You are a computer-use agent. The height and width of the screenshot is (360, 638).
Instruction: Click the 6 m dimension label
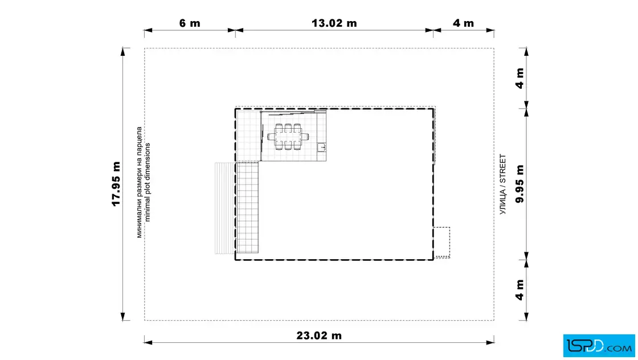pyautogui.click(x=190, y=23)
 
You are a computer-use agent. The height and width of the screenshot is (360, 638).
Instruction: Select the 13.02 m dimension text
pyautogui.click(x=334, y=23)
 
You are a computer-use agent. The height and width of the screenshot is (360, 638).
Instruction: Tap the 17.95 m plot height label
pyautogui.click(x=116, y=184)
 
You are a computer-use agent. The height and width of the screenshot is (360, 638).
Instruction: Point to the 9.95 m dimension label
pyautogui.click(x=520, y=184)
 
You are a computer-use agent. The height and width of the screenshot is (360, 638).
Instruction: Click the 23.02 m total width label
pyautogui.click(x=319, y=336)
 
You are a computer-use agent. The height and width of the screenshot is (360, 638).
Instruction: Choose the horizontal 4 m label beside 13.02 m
pyautogui.click(x=464, y=23)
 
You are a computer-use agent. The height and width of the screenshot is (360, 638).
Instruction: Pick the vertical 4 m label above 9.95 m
pyautogui.click(x=520, y=78)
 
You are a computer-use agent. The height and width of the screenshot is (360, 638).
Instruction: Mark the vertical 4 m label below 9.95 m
pyautogui.click(x=520, y=289)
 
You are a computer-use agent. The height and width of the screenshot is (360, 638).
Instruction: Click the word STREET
pyautogui.click(x=503, y=168)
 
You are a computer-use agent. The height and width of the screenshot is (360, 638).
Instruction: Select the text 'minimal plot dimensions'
pyautogui.click(x=148, y=182)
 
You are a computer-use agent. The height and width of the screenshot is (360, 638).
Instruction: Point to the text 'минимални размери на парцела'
pyautogui.click(x=139, y=182)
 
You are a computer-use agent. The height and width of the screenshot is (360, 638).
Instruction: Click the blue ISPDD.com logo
pyautogui.click(x=599, y=346)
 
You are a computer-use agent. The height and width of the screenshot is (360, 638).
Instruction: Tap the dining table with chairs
pyautogui.click(x=288, y=137)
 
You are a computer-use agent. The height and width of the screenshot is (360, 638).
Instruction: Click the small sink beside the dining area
pyautogui.click(x=322, y=147)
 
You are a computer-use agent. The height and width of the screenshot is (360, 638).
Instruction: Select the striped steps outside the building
pyautogui.click(x=224, y=208)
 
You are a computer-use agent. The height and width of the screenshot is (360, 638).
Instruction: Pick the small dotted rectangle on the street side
pyautogui.click(x=442, y=243)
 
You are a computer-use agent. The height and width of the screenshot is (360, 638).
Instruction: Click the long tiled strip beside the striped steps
pyautogui.click(x=247, y=207)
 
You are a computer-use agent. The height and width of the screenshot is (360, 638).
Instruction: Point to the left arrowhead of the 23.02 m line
pyautogui.click(x=148, y=342)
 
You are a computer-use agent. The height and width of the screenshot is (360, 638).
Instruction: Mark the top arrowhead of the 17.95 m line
pyautogui.click(x=123, y=52)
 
